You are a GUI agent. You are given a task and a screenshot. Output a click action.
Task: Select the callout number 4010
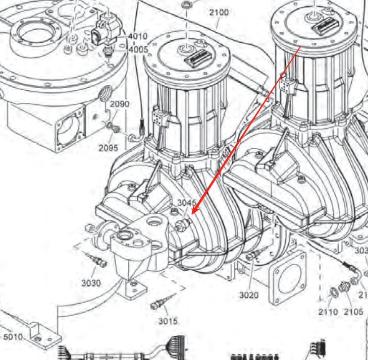137,36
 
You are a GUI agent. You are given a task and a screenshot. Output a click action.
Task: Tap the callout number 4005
137,50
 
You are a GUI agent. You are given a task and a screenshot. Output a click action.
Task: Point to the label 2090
120,104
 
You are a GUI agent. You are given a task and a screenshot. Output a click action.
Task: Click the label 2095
108,148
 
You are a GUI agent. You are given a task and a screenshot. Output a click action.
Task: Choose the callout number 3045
186,203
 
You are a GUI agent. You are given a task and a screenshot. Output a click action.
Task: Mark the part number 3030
91,283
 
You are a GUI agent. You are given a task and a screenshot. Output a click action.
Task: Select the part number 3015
167,321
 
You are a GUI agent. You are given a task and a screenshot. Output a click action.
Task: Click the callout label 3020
249,294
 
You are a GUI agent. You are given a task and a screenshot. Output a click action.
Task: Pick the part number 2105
353,312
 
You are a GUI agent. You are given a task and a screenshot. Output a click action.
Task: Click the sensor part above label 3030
96,260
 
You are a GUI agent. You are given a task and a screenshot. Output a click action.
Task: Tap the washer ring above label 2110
334,292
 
